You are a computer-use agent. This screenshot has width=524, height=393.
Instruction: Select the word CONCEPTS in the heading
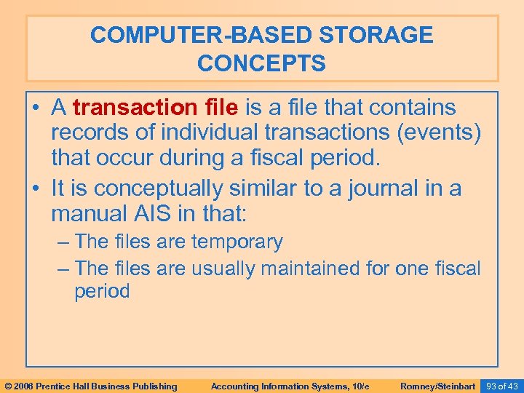261,63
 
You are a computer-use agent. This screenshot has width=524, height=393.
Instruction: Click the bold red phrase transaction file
156,108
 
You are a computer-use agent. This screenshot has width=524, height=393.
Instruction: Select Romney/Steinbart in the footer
438,386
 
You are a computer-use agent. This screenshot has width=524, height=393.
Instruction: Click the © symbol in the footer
8,386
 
